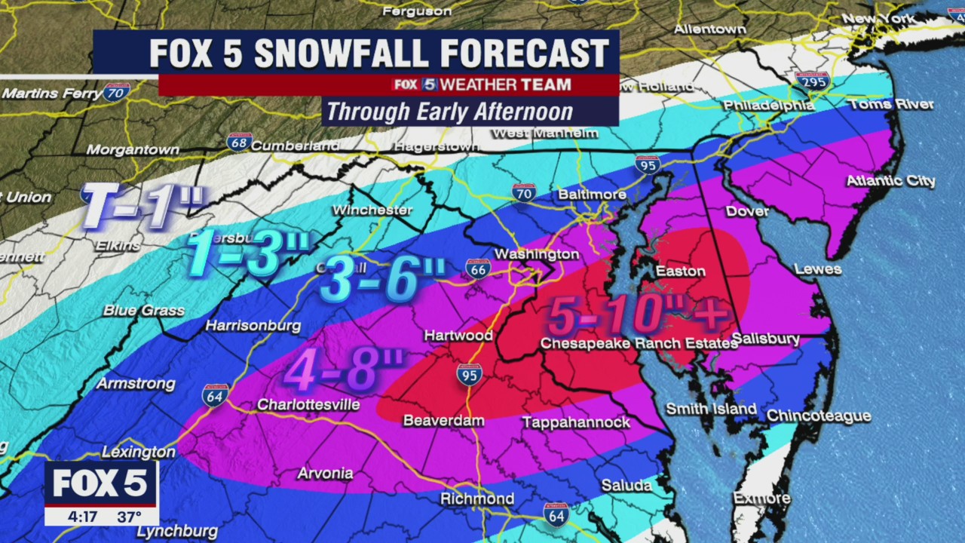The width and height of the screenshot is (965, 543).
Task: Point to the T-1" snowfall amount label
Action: [142, 206]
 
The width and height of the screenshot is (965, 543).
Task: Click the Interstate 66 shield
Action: [478, 268]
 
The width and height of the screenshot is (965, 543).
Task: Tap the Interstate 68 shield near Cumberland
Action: [239, 142]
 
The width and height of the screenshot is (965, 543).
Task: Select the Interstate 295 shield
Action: [812, 81]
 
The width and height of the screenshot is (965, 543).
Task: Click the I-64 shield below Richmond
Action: [556, 514]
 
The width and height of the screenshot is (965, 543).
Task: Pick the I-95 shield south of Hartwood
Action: [469, 374]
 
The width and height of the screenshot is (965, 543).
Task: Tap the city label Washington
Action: [537, 254]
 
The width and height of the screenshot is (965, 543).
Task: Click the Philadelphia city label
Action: [768, 106]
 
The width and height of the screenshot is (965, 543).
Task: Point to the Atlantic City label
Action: [890, 181]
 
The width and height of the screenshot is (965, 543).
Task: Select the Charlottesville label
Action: [308, 405]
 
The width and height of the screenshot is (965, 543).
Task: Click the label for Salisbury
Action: [765, 339]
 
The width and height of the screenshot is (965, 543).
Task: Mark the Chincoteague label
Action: [818, 416]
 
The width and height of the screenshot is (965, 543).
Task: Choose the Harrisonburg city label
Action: [253, 327]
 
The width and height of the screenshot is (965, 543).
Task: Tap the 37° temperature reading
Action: [129, 517]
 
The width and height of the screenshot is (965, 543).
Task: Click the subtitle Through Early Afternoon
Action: [449, 112]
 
